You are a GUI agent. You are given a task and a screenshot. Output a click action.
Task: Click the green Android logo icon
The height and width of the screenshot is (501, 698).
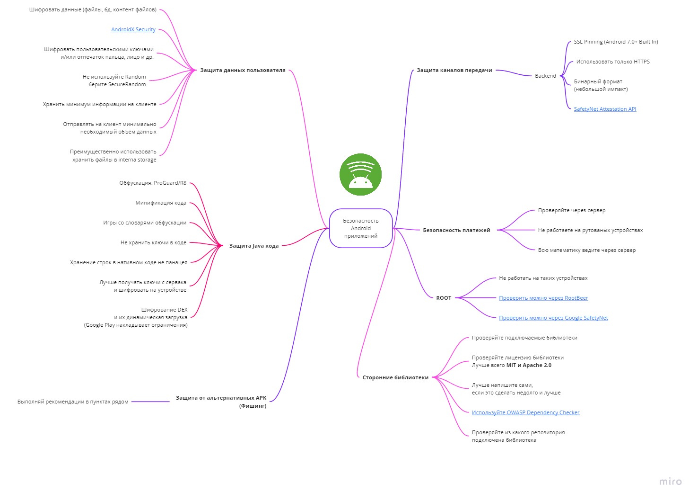360,174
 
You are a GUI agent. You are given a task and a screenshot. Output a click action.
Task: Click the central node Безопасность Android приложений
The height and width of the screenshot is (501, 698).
361,228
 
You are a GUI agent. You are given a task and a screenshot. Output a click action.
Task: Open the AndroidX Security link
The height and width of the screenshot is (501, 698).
133,29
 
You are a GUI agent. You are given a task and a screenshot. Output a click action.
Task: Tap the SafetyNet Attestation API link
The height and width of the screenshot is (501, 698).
605,109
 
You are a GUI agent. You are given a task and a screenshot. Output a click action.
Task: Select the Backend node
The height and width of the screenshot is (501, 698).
545,76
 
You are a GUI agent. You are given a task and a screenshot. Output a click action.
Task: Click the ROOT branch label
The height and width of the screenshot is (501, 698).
444,298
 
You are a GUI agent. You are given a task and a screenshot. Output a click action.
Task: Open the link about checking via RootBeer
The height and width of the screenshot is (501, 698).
543,298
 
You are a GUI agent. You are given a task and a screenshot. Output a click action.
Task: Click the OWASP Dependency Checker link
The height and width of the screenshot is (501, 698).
526,412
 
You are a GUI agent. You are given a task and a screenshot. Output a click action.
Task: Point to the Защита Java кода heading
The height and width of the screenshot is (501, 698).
254,246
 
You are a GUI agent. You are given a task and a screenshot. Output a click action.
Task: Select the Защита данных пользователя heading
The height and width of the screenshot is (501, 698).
243,70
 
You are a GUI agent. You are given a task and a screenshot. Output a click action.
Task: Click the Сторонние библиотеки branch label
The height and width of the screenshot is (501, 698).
395,377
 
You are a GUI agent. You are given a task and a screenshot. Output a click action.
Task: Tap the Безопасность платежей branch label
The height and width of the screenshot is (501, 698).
456,230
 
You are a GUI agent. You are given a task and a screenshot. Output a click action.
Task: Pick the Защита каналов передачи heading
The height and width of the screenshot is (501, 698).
454,70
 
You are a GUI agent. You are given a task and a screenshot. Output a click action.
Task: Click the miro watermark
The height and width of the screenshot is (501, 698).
671,482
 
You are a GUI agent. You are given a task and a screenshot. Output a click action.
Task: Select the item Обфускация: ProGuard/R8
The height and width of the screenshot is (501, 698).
153,183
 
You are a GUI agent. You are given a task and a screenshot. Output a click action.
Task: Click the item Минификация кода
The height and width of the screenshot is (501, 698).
161,203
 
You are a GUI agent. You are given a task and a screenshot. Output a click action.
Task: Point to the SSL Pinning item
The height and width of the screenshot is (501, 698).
616,42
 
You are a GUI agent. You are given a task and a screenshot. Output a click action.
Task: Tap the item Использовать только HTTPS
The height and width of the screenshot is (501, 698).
613,62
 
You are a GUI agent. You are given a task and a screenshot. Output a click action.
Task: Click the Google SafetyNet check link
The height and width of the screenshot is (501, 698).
553,318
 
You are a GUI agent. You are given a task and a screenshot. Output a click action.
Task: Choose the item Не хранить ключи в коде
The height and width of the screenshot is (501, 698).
153,242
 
